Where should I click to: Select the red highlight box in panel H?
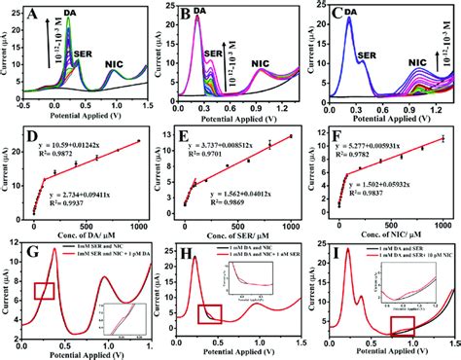pos(209,312)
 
